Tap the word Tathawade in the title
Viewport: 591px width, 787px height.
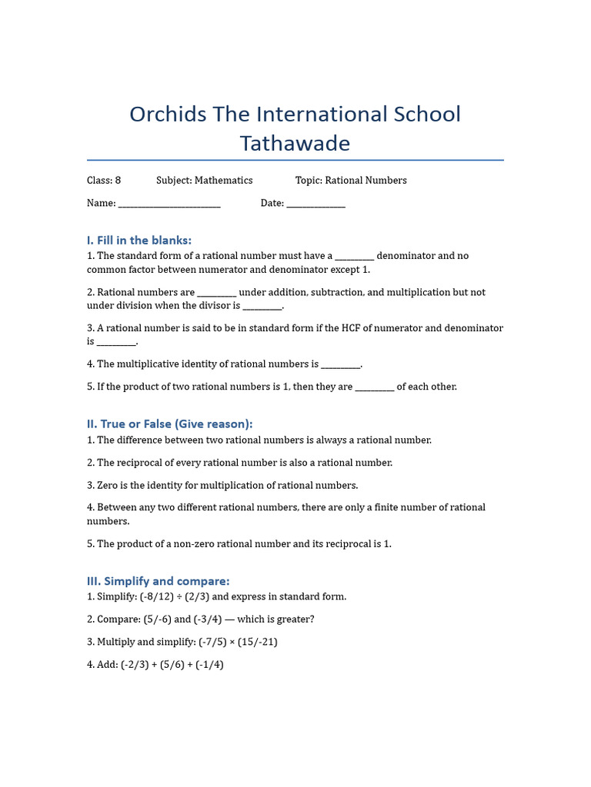click(x=295, y=144)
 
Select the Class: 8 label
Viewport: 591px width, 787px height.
click(x=104, y=181)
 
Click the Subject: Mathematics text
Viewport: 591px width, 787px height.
click(x=204, y=181)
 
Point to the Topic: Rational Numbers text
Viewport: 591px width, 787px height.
click(x=351, y=181)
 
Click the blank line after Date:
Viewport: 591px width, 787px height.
click(x=316, y=204)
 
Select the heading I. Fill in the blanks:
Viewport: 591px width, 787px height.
click(x=139, y=241)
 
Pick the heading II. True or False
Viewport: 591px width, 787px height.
click(x=169, y=424)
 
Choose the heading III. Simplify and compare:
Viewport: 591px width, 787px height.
click(x=158, y=581)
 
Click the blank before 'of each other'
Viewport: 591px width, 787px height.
click(x=375, y=387)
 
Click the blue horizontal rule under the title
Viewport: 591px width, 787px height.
click(x=295, y=160)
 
